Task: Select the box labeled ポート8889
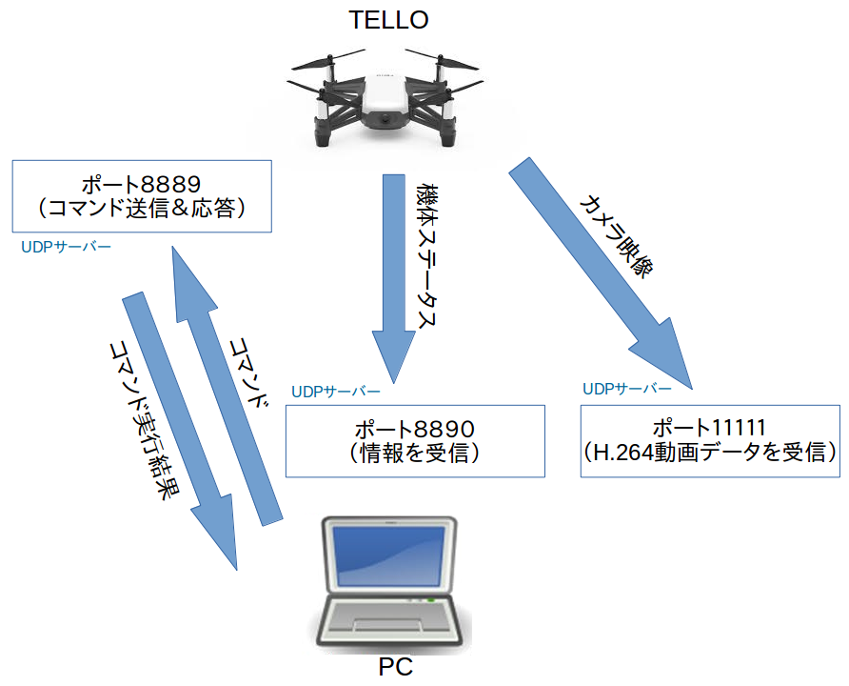point(141,195)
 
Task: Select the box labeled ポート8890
point(414,441)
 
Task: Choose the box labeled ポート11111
point(709,441)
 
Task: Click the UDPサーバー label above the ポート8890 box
point(336,393)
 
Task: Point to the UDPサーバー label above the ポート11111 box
point(626,390)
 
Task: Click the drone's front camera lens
point(386,120)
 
